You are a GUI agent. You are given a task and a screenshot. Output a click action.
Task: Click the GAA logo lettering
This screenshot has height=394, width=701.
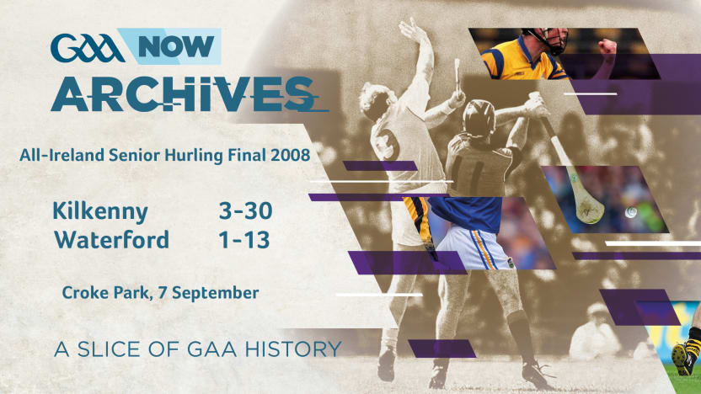[86, 48]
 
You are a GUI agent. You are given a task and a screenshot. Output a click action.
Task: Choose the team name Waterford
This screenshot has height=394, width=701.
[111, 240]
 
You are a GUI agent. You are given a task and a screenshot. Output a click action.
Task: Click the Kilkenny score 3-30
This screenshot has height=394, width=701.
[245, 210]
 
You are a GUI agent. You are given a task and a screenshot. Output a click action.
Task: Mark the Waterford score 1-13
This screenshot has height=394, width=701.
[244, 240]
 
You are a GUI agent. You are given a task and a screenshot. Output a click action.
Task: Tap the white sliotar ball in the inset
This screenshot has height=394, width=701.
[630, 213]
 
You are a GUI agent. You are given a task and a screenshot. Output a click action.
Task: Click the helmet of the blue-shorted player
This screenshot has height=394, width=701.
[479, 117]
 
